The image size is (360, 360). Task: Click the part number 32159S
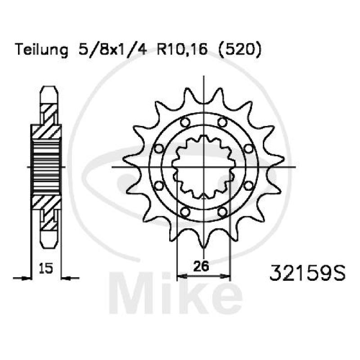coord(307,273)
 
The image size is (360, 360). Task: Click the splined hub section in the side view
coord(46,166)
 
